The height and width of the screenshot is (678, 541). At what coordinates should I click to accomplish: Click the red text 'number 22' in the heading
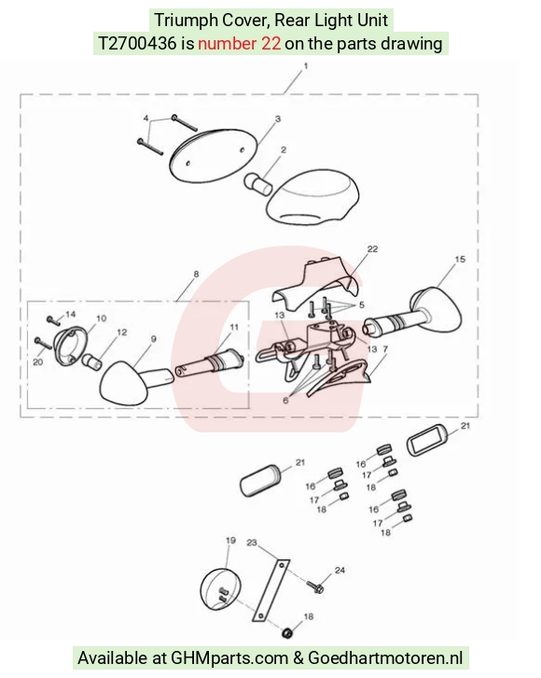click(239, 44)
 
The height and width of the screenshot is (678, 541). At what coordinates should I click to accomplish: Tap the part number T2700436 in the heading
click(137, 44)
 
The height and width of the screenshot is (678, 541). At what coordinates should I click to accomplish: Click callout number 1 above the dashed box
click(306, 66)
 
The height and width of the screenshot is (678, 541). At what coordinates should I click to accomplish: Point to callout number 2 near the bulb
click(284, 150)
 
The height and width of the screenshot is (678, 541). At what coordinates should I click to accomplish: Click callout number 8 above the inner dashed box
click(197, 275)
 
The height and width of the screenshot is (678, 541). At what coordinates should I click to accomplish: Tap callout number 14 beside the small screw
click(70, 315)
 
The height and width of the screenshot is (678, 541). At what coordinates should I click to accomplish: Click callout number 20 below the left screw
click(38, 361)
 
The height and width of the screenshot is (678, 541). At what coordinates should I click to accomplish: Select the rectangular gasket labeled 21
click(425, 441)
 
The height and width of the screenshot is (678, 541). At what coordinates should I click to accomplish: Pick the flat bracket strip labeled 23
click(270, 590)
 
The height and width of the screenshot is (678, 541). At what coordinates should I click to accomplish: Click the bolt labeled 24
click(315, 586)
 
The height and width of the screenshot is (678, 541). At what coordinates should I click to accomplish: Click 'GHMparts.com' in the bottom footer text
click(229, 657)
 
